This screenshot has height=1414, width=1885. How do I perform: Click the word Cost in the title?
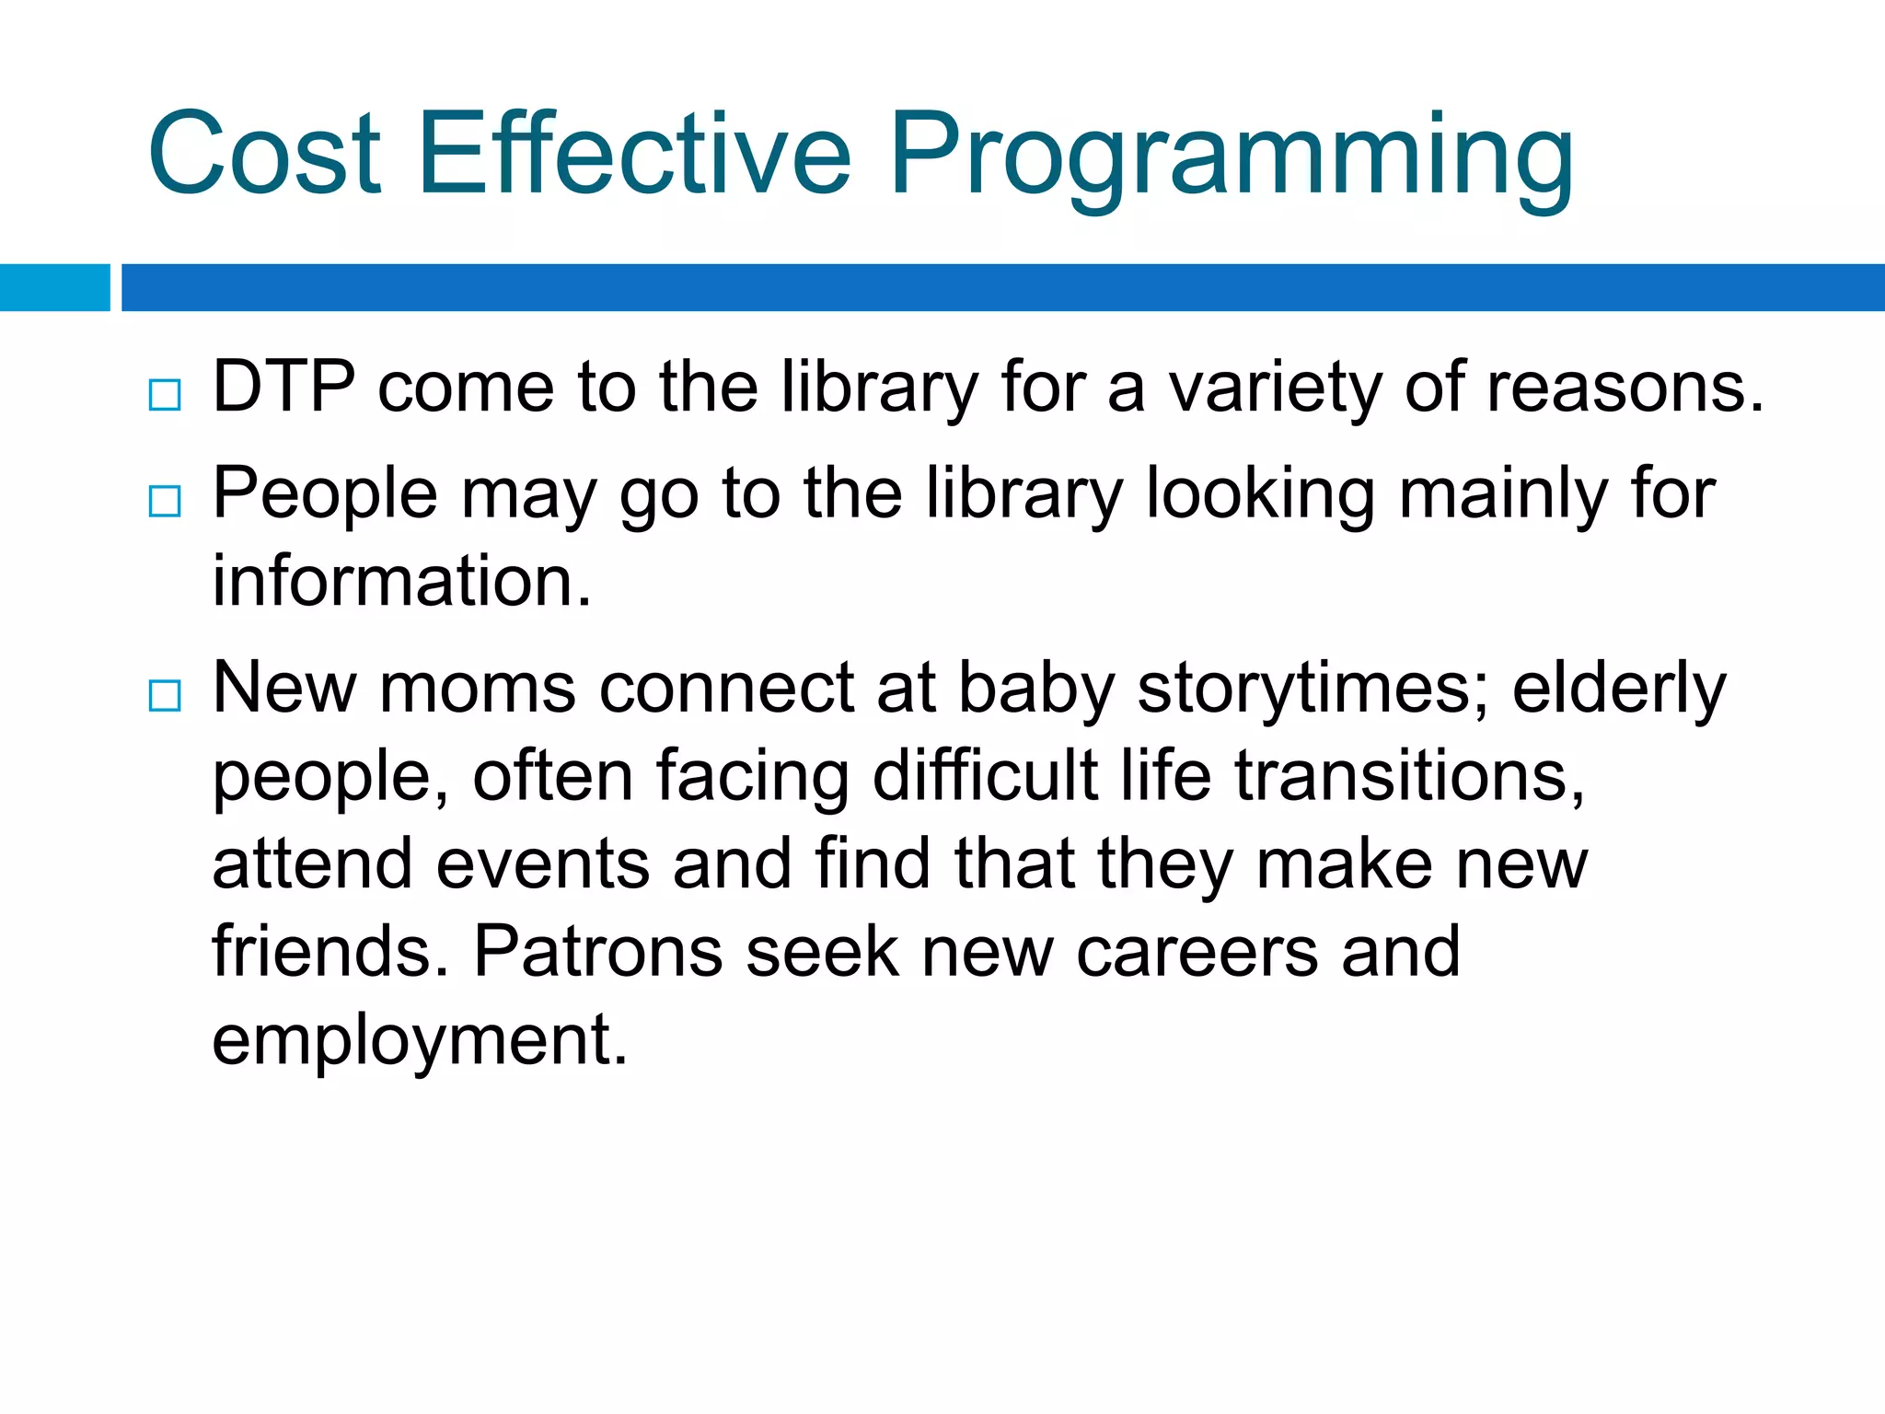click(x=264, y=155)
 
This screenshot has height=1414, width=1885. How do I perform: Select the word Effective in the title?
click(x=635, y=155)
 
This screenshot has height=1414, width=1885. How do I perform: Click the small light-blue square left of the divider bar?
click(x=54, y=287)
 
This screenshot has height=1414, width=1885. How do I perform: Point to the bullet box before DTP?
click(x=165, y=396)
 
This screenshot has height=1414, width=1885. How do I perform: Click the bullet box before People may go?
click(x=165, y=502)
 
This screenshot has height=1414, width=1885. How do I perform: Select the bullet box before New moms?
click(x=165, y=696)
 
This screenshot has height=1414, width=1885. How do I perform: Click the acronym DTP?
click(x=283, y=387)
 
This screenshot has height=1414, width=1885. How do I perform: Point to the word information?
click(x=401, y=582)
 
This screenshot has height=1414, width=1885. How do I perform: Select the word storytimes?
click(x=1313, y=690)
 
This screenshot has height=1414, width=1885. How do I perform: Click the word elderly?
click(x=1619, y=690)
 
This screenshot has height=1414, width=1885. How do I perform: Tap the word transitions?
click(x=1409, y=776)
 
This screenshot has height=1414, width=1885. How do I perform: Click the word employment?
click(x=420, y=1040)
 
